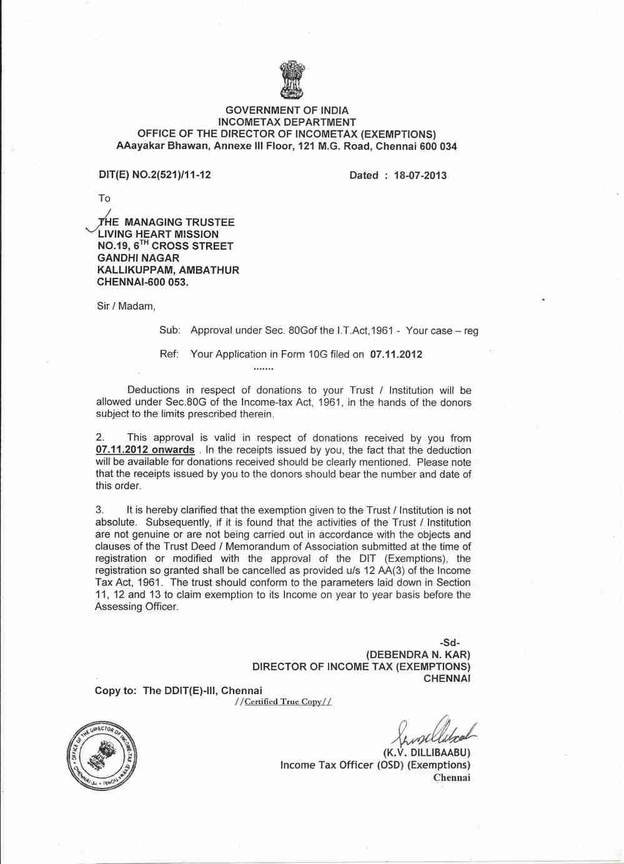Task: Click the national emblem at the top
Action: [292, 79]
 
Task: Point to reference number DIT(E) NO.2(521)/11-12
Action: [155, 175]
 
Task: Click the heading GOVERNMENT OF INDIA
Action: [287, 110]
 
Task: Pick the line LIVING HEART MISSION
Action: [158, 234]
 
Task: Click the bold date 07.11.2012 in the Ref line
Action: [396, 355]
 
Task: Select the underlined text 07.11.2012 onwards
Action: [145, 450]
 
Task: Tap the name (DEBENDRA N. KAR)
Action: [418, 655]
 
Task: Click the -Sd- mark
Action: [450, 643]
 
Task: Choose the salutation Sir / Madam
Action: [126, 307]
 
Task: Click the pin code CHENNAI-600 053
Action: [143, 282]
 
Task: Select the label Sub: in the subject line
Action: [170, 330]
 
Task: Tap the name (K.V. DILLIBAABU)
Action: [426, 752]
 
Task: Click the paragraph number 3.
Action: [100, 511]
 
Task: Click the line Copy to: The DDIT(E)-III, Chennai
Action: [179, 690]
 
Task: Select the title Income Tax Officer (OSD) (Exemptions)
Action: [375, 765]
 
